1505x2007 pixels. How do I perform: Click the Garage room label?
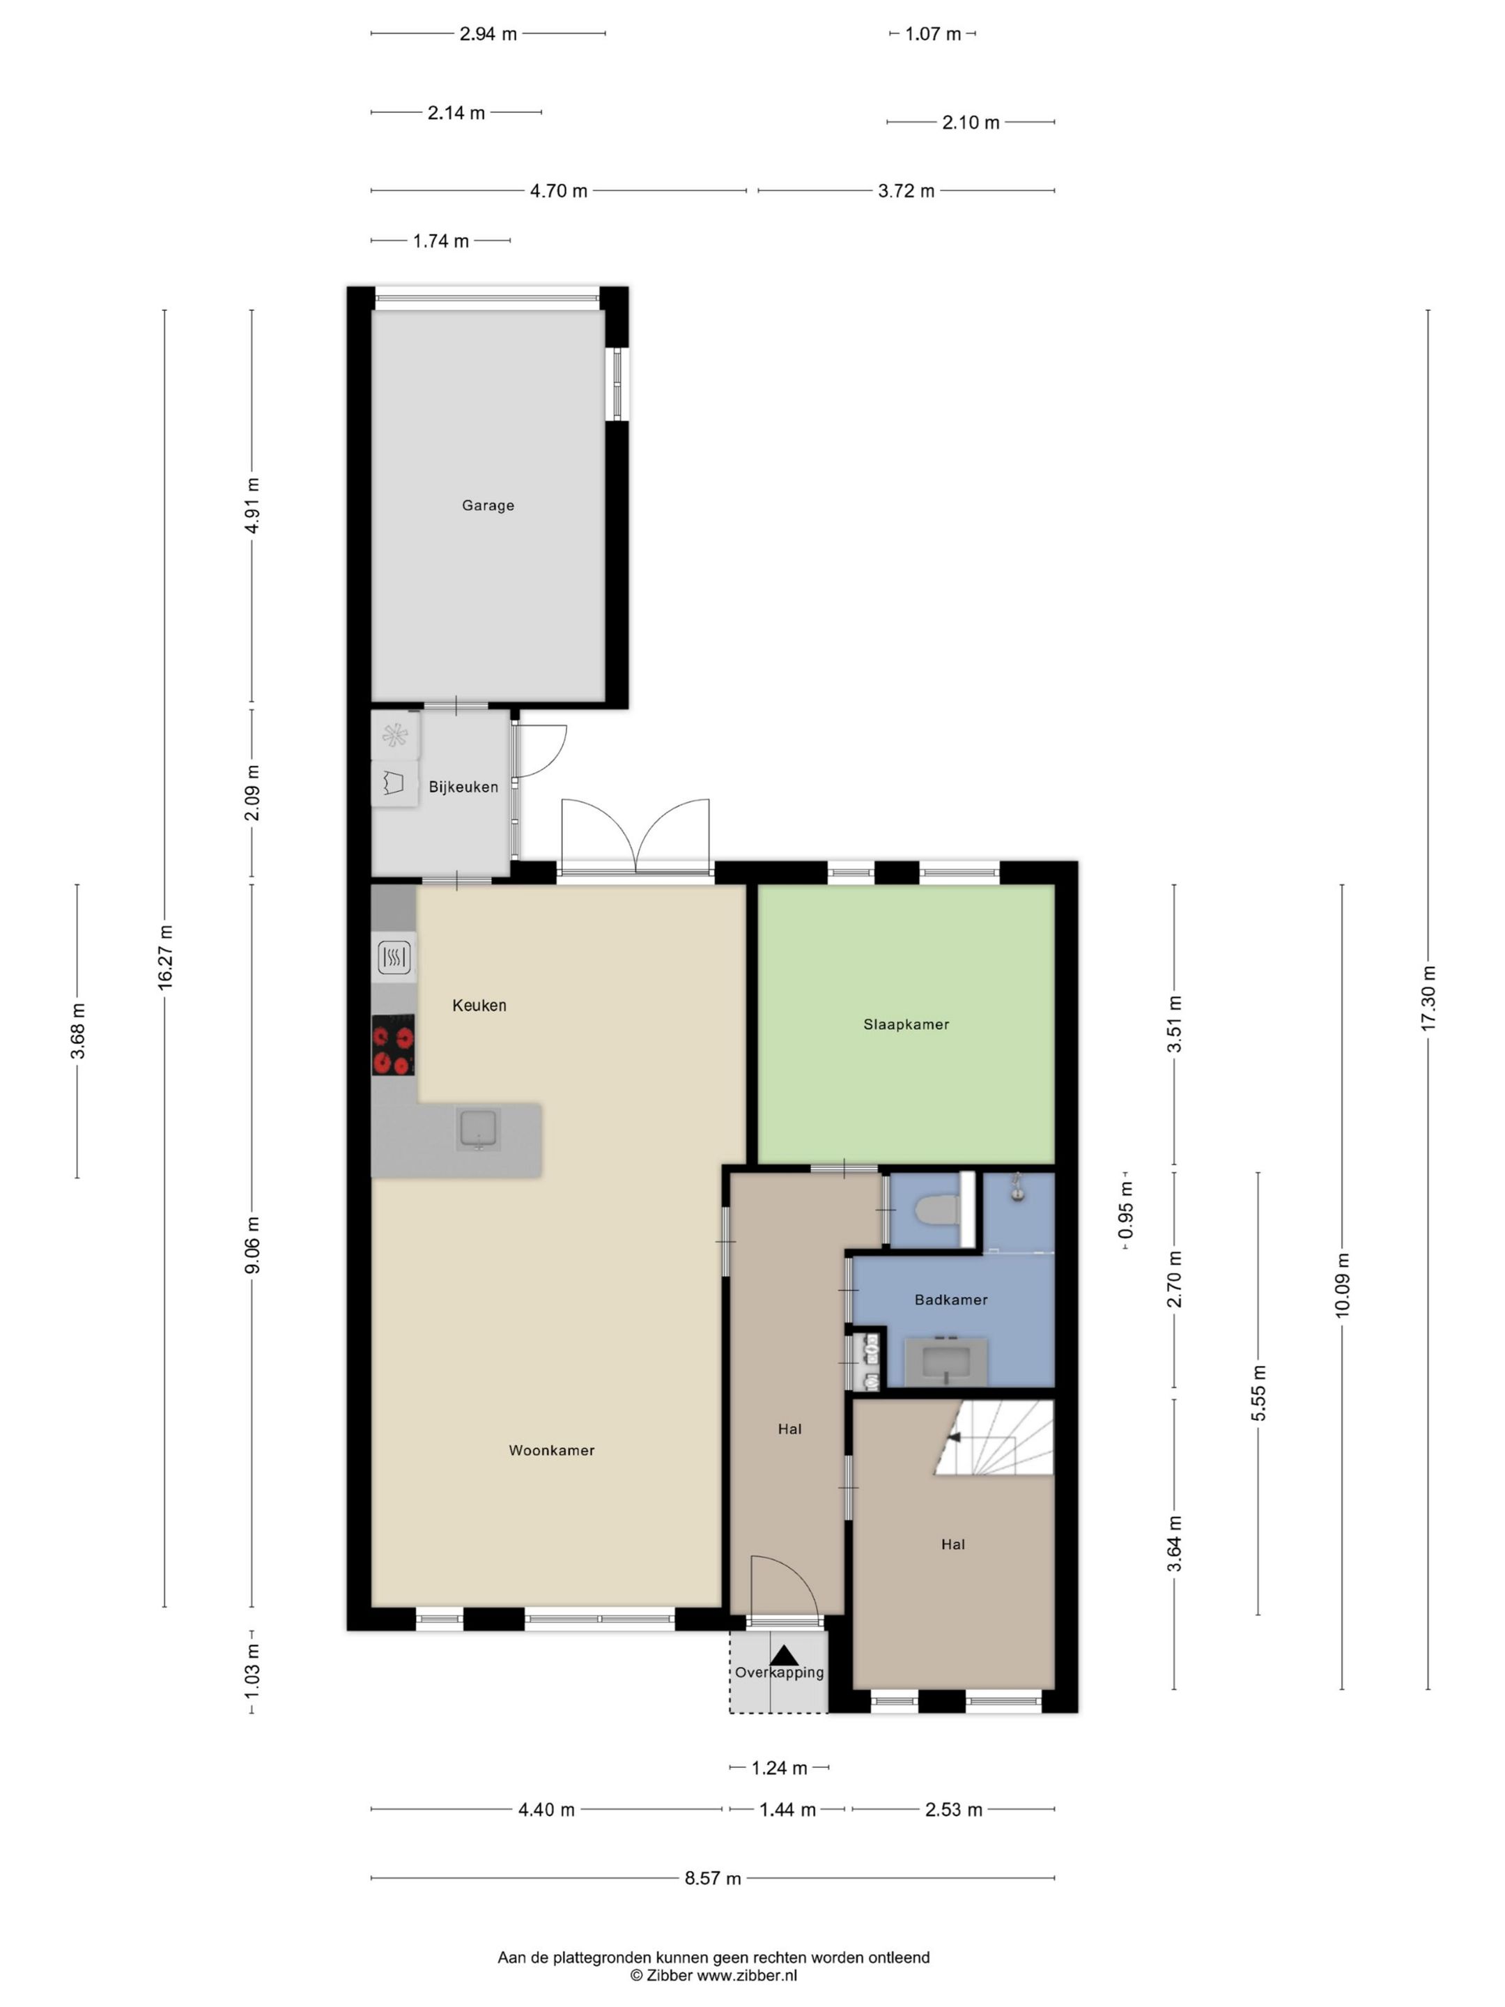tap(487, 505)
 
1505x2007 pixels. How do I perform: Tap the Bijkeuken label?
tap(463, 787)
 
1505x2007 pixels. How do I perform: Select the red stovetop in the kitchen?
tap(394, 1045)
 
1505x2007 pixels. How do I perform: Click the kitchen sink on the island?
tap(477, 1130)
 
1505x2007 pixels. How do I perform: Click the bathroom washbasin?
tap(946, 1361)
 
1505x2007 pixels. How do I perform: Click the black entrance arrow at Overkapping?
tap(784, 1656)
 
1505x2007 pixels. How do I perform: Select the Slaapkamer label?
tap(905, 1024)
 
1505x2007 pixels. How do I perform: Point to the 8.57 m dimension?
tap(712, 1878)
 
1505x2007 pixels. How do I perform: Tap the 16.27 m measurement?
tap(165, 958)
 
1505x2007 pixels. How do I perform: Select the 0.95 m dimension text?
tap(1126, 1210)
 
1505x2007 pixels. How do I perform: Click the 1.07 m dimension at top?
tap(932, 34)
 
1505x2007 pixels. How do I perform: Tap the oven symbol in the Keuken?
tap(394, 956)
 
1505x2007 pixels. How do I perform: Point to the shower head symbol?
tap(1018, 1187)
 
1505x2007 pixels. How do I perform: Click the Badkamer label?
tap(950, 1299)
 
